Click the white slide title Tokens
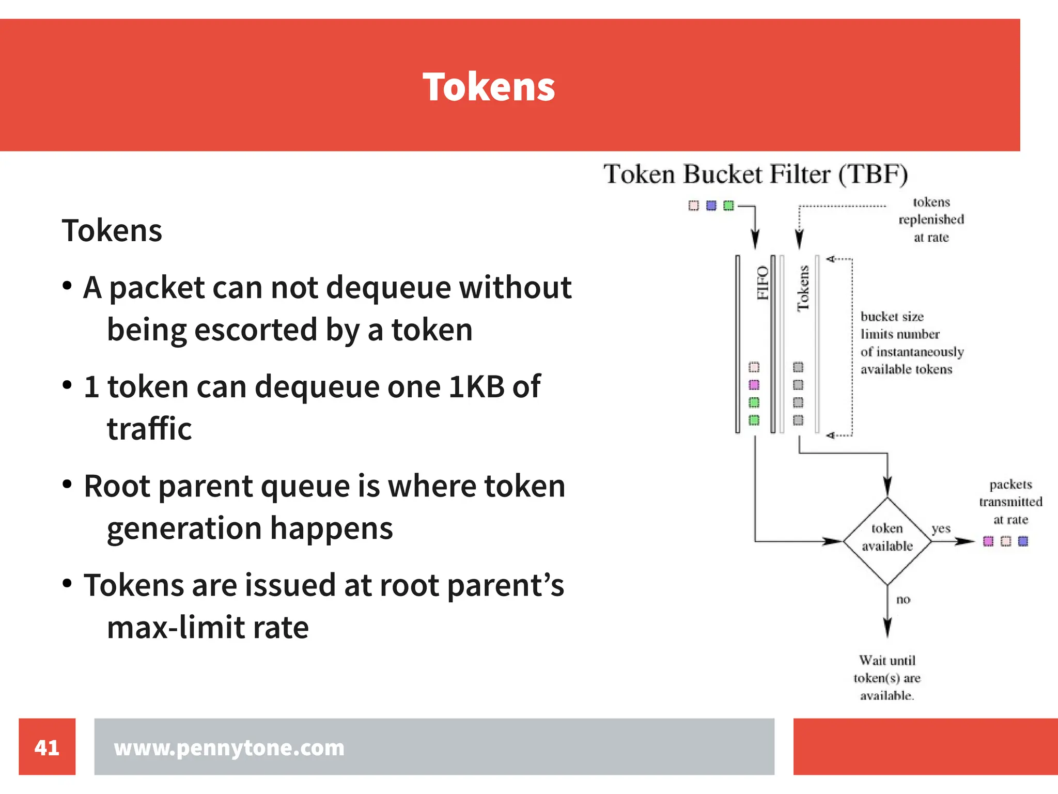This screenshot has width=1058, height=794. pos(488,86)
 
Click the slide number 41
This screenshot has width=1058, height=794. pos(46,747)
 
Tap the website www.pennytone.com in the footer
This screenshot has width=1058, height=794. pos(229,748)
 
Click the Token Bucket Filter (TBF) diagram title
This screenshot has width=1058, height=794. pos(755,174)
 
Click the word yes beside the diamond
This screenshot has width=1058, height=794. pos(941,528)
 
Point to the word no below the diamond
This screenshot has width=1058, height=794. pos(903,599)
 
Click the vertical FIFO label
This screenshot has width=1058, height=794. pos(763,283)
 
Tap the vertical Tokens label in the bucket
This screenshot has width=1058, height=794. pos(803,288)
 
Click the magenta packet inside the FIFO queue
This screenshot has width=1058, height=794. pos(754,385)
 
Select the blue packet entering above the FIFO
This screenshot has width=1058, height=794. pos(711,206)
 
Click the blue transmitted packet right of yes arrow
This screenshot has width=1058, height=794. pos(1023,541)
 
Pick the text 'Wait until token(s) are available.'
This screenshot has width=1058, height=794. pos(887,678)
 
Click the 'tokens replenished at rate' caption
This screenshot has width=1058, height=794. pos(931,220)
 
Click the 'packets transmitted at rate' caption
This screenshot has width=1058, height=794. pos(1010,502)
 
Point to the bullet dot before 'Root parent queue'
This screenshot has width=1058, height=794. pos(67,484)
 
